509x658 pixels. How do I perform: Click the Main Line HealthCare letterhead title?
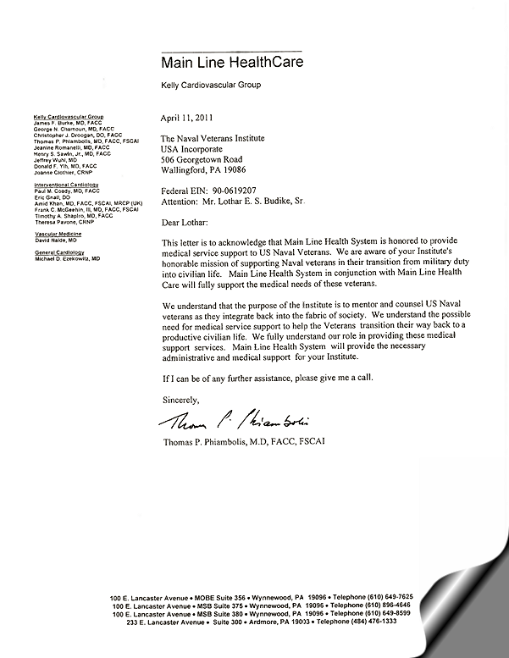(231, 62)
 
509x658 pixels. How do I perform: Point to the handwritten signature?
(227, 422)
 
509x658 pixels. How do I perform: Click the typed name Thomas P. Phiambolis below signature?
(242, 442)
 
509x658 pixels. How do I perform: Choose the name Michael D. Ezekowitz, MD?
(67, 257)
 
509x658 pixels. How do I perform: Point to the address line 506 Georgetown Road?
(202, 158)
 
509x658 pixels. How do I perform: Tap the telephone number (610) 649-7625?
(386, 598)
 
